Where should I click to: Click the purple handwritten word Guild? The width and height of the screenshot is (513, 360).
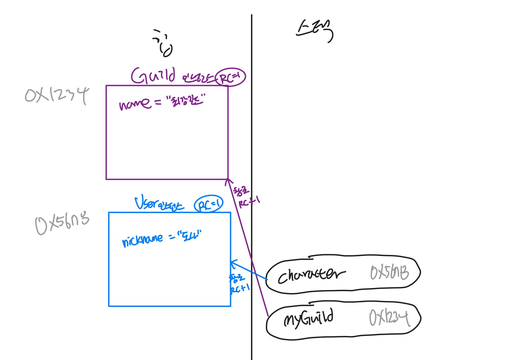(x=153, y=75)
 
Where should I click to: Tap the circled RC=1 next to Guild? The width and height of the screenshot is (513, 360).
(x=231, y=77)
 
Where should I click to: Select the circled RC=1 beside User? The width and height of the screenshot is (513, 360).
(x=209, y=204)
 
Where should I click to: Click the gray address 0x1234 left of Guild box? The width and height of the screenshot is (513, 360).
(x=57, y=95)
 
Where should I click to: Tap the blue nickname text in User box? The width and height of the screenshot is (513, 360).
(x=143, y=240)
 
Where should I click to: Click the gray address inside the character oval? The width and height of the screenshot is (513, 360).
(x=390, y=273)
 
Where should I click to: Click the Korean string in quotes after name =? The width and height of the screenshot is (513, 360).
(x=186, y=100)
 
